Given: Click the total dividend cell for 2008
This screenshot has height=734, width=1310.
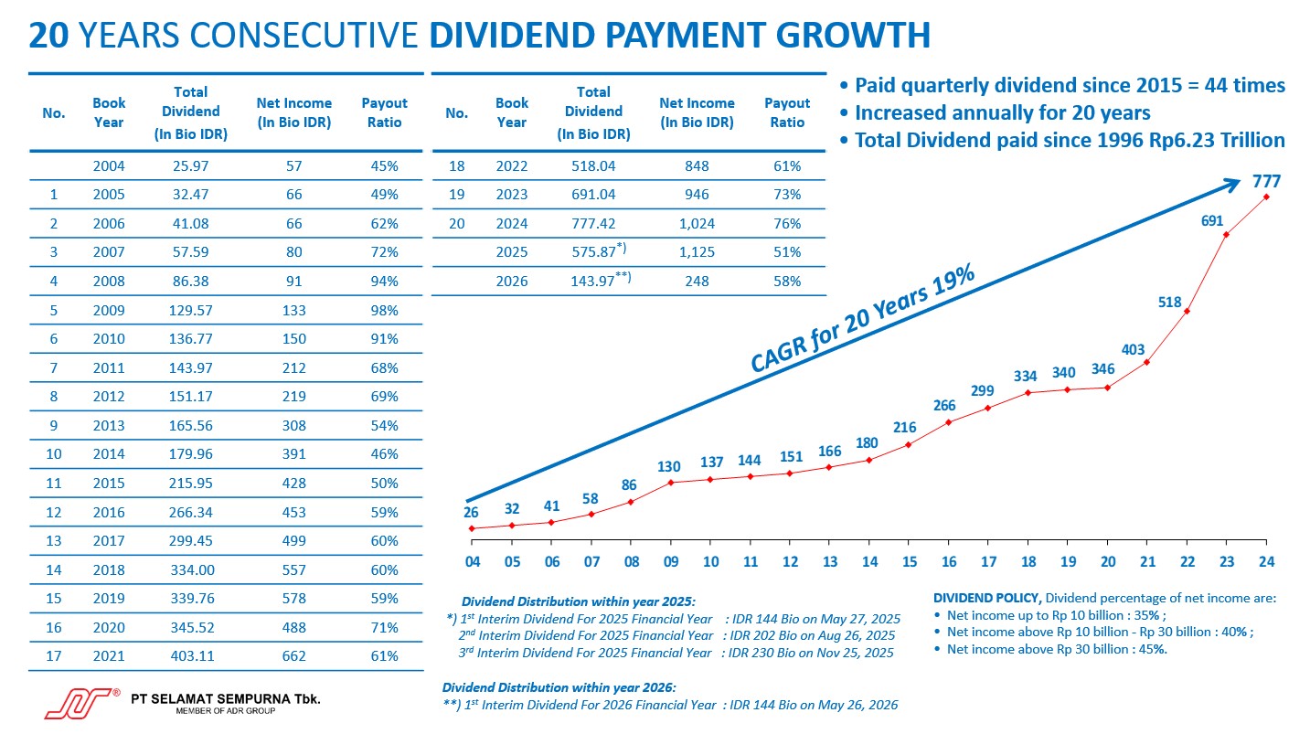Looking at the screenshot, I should coord(190,282).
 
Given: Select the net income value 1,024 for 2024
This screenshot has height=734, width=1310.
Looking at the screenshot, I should coord(697,224).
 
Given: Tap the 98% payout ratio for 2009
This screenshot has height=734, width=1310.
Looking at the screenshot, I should coord(384,311).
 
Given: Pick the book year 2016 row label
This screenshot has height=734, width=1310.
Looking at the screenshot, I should coord(109,513).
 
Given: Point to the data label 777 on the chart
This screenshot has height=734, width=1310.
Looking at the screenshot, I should coord(1266,182).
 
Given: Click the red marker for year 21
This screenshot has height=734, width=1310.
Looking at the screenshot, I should coord(1146,363).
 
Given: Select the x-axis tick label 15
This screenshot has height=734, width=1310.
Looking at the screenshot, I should coord(909,562).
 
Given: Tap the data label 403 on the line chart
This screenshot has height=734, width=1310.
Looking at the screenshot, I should coord(1134,349).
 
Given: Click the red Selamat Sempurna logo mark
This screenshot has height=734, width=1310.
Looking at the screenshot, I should coord(78,703).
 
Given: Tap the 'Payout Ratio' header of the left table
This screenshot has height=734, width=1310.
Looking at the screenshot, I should coord(384,113).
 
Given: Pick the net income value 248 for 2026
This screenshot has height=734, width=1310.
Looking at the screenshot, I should coord(697,282).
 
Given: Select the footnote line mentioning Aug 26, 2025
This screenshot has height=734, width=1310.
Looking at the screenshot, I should coord(677,635).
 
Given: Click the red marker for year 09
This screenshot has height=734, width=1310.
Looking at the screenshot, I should coord(671,482).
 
